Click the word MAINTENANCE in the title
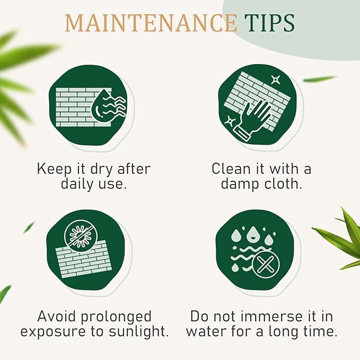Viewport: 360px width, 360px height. pos(151,23)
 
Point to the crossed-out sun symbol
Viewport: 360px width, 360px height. pos(81,236)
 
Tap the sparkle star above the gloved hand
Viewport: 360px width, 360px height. pos(275,80)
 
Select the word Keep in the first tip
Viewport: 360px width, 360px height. pos(54,169)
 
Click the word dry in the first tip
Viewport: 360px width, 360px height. pos(101,170)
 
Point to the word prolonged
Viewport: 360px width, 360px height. pos(116,317)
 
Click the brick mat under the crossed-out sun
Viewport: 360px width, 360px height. pos(84,259)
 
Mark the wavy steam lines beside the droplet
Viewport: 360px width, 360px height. pos(115,106)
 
